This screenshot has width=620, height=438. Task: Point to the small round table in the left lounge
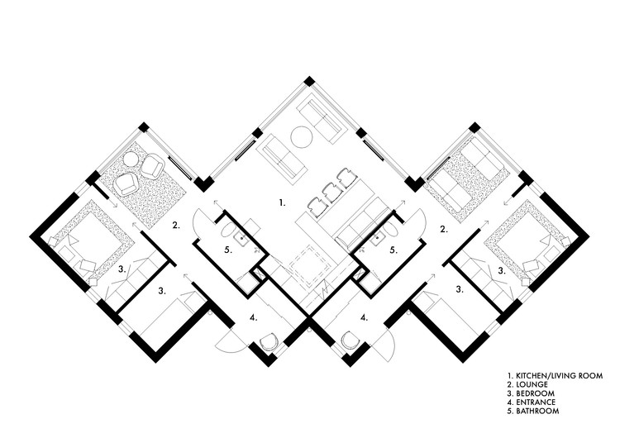tap(131, 159)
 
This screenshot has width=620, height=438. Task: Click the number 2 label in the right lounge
tap(444, 228)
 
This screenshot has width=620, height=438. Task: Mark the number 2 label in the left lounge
tap(175, 225)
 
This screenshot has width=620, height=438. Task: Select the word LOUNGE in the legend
tap(532, 385)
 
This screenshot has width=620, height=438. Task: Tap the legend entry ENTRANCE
tap(537, 402)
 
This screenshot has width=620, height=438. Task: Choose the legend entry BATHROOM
tap(537, 411)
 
